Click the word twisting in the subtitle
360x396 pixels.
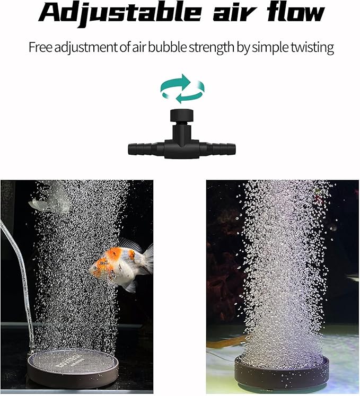[311, 47]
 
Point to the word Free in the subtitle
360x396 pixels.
[40, 47]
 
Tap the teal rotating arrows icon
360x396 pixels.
[182, 88]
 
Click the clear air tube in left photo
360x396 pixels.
[16, 276]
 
